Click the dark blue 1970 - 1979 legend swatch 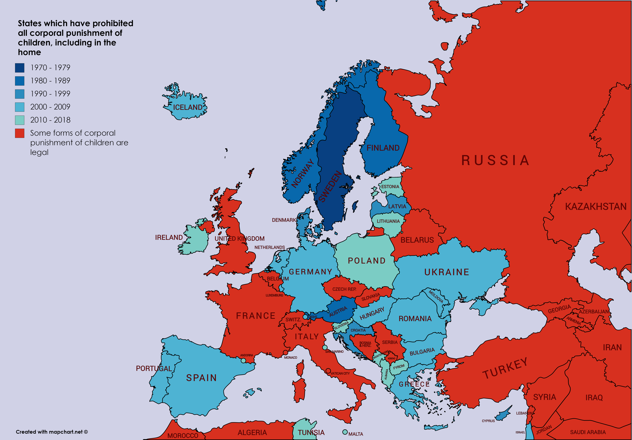20,68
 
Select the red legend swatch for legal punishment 20,133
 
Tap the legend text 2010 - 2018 50,120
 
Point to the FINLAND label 383,148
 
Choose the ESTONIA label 390,187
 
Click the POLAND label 367,261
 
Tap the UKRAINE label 446,272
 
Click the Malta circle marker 345,432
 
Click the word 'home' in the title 29,52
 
